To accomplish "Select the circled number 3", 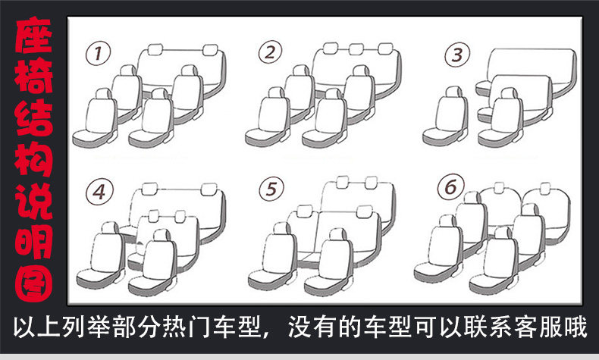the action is [x=455, y=55].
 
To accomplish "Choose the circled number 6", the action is [x=450, y=186].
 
